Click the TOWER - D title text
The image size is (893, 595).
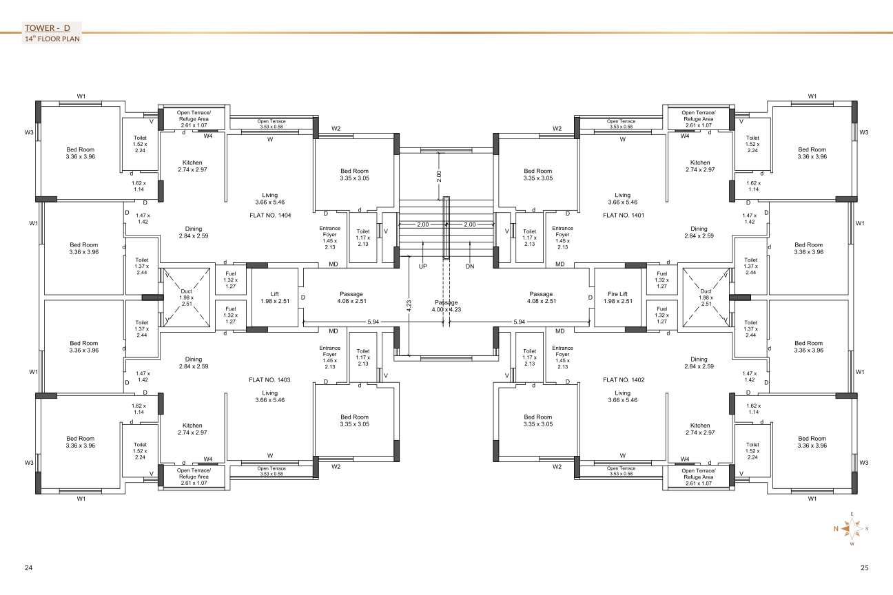tap(48, 28)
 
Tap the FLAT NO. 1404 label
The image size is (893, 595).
tap(270, 215)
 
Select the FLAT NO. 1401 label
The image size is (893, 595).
tap(624, 215)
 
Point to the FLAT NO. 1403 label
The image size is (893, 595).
tap(269, 380)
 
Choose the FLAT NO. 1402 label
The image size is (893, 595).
tap(624, 380)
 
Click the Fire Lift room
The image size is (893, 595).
tap(618, 297)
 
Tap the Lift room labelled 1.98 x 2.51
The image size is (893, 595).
tap(275, 297)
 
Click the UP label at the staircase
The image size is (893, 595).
tap(423, 267)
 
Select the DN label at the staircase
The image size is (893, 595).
tap(470, 267)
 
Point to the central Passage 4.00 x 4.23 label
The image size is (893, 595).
tap(446, 306)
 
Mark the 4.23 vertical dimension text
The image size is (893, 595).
tap(409, 306)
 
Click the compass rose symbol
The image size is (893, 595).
tap(852, 529)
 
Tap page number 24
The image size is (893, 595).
tap(28, 568)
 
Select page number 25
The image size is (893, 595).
tap(864, 568)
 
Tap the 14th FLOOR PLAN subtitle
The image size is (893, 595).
tap(52, 39)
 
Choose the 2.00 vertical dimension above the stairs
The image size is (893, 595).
tap(439, 176)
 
